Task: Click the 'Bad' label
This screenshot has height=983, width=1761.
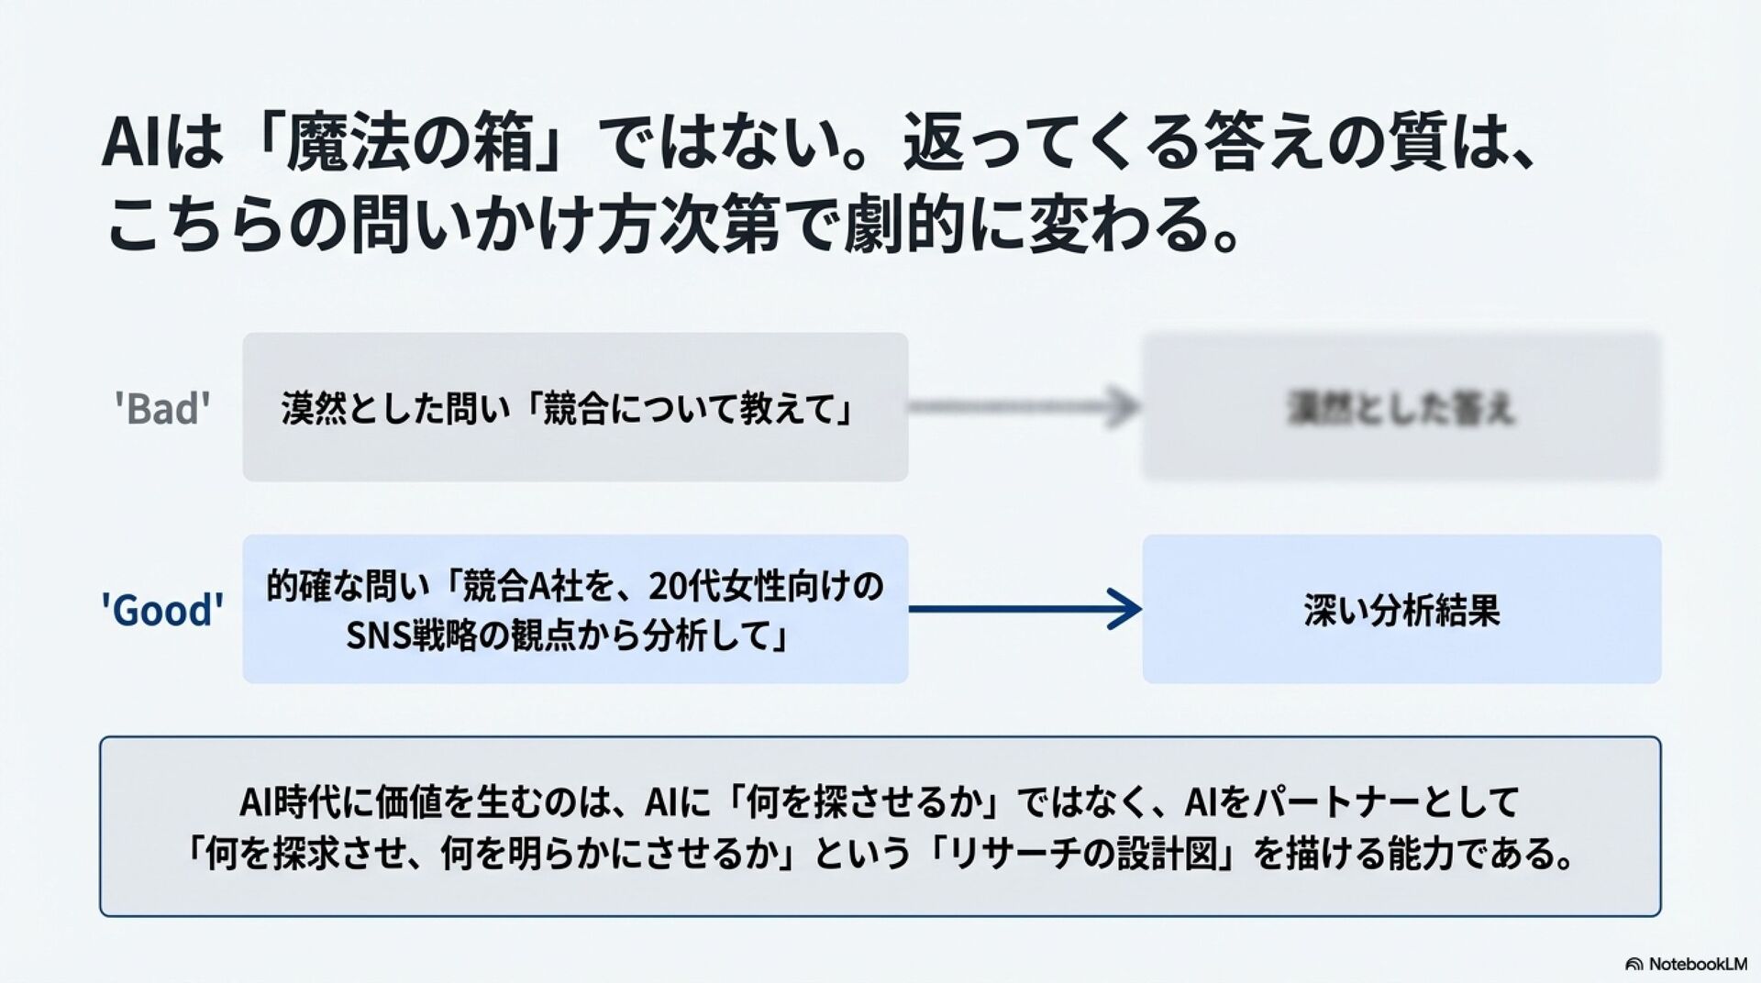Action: pos(162,408)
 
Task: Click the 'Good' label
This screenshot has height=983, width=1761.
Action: pos(162,610)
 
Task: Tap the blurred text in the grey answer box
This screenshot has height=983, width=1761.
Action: pos(1401,408)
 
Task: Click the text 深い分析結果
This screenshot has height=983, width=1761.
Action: pos(1401,610)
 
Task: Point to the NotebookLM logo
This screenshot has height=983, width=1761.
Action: pos(1686,964)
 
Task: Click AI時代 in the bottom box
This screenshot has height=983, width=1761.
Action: pos(291,802)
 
